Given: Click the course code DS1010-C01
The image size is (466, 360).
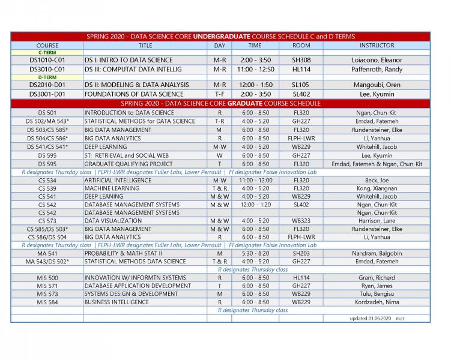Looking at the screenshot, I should coord(47,60).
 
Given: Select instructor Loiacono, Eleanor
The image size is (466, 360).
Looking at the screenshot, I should coord(377,60).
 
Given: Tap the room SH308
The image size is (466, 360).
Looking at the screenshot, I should coord(301,60).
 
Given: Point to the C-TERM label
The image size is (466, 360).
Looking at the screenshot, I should coord(47,52).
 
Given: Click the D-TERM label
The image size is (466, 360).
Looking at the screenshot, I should coord(47,77).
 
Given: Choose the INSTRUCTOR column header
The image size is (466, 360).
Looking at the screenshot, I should coord(377,45).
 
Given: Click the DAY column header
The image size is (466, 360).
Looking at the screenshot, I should coord(219,45).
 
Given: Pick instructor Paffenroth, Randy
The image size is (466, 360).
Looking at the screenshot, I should coord(377,69).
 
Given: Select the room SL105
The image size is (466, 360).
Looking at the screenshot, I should coord(301,85).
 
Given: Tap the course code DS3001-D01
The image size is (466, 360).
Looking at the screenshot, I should coord(47,94).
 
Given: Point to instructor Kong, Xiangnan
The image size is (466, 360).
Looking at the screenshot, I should coord(377,188).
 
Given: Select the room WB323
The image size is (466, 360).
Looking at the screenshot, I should coord(301,221).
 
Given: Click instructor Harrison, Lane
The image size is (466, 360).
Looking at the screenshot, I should coord(377,221).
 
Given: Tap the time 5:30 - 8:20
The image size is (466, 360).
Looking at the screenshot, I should coord(255,253).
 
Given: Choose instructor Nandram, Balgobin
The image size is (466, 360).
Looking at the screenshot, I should coord(377,253).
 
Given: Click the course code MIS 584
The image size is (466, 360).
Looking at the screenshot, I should coord(47,302).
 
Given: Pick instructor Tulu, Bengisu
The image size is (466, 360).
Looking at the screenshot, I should coord(377,294).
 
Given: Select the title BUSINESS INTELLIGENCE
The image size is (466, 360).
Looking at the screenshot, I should coord(116,302).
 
